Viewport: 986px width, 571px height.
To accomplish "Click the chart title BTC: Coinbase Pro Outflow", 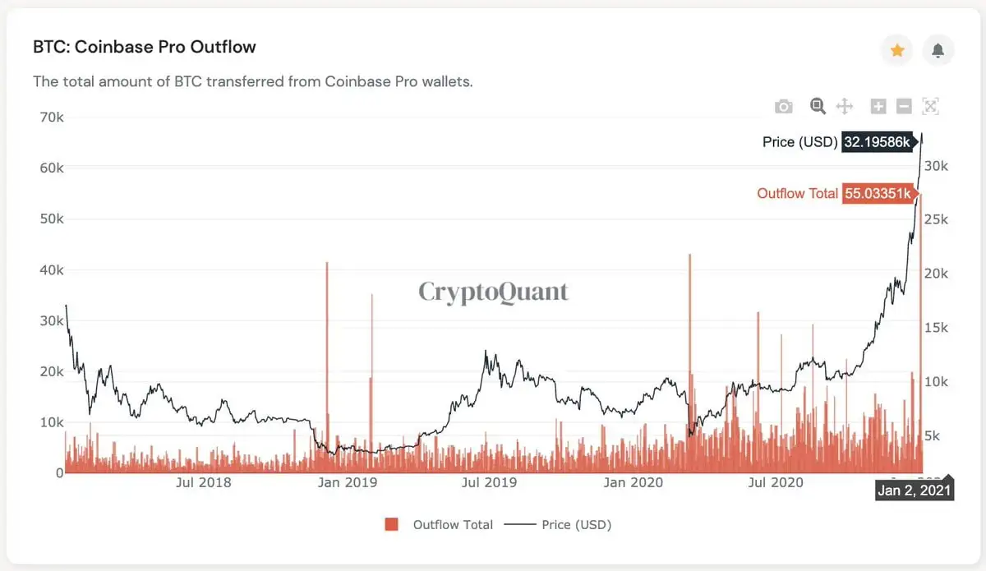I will pyautogui.click(x=145, y=47).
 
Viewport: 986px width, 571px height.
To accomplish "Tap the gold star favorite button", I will pyautogui.click(x=897, y=51).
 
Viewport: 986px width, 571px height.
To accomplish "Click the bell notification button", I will pyautogui.click(x=938, y=51).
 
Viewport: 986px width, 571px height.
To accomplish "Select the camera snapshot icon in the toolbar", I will pyautogui.click(x=784, y=106).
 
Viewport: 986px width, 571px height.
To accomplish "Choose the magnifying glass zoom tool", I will pyautogui.click(x=818, y=106).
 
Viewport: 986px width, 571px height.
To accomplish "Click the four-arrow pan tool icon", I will pyautogui.click(x=844, y=106).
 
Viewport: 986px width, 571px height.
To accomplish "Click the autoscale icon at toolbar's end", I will pyautogui.click(x=930, y=106).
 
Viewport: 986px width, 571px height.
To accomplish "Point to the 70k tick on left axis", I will pyautogui.click(x=51, y=117).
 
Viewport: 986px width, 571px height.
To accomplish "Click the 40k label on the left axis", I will pyautogui.click(x=51, y=269).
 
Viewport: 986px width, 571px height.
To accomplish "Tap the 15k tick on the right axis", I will pyautogui.click(x=936, y=327).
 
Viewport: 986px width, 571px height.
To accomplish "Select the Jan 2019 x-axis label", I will pyautogui.click(x=347, y=482).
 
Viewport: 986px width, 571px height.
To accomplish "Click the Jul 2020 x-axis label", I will pyautogui.click(x=775, y=482).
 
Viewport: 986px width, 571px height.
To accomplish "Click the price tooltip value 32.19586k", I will pyautogui.click(x=878, y=142).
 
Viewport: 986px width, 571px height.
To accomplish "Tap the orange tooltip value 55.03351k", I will pyautogui.click(x=878, y=194).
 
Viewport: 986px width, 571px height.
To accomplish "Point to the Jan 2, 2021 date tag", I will pyautogui.click(x=914, y=491).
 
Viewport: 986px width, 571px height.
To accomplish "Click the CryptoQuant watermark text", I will pyautogui.click(x=493, y=292).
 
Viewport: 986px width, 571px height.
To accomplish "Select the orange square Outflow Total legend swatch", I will pyautogui.click(x=392, y=524).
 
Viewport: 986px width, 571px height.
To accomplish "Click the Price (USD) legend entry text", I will pyautogui.click(x=576, y=524).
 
